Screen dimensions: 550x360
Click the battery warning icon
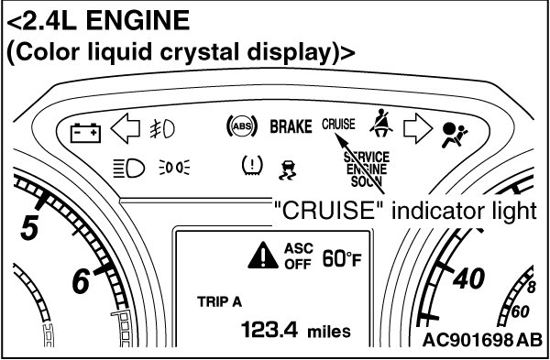[85, 133]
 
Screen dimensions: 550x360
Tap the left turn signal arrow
[126, 128]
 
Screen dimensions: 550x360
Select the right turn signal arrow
[418, 128]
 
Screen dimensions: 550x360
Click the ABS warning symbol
[242, 126]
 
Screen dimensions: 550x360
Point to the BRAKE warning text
[291, 126]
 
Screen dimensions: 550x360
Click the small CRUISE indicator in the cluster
[338, 124]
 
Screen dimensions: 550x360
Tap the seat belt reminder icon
[381, 125]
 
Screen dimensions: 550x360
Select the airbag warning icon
[455, 135]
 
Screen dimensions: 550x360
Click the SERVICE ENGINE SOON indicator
[367, 169]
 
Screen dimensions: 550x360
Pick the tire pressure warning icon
[252, 165]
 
